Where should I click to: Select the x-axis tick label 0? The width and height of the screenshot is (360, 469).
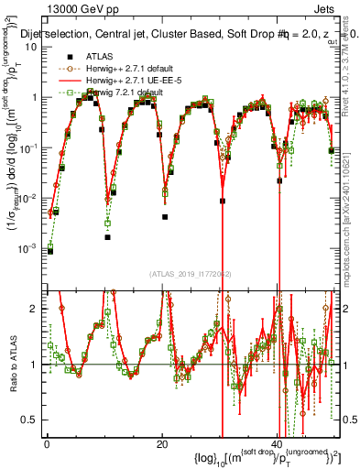(46, 443)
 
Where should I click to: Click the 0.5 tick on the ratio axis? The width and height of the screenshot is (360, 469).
(34, 420)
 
